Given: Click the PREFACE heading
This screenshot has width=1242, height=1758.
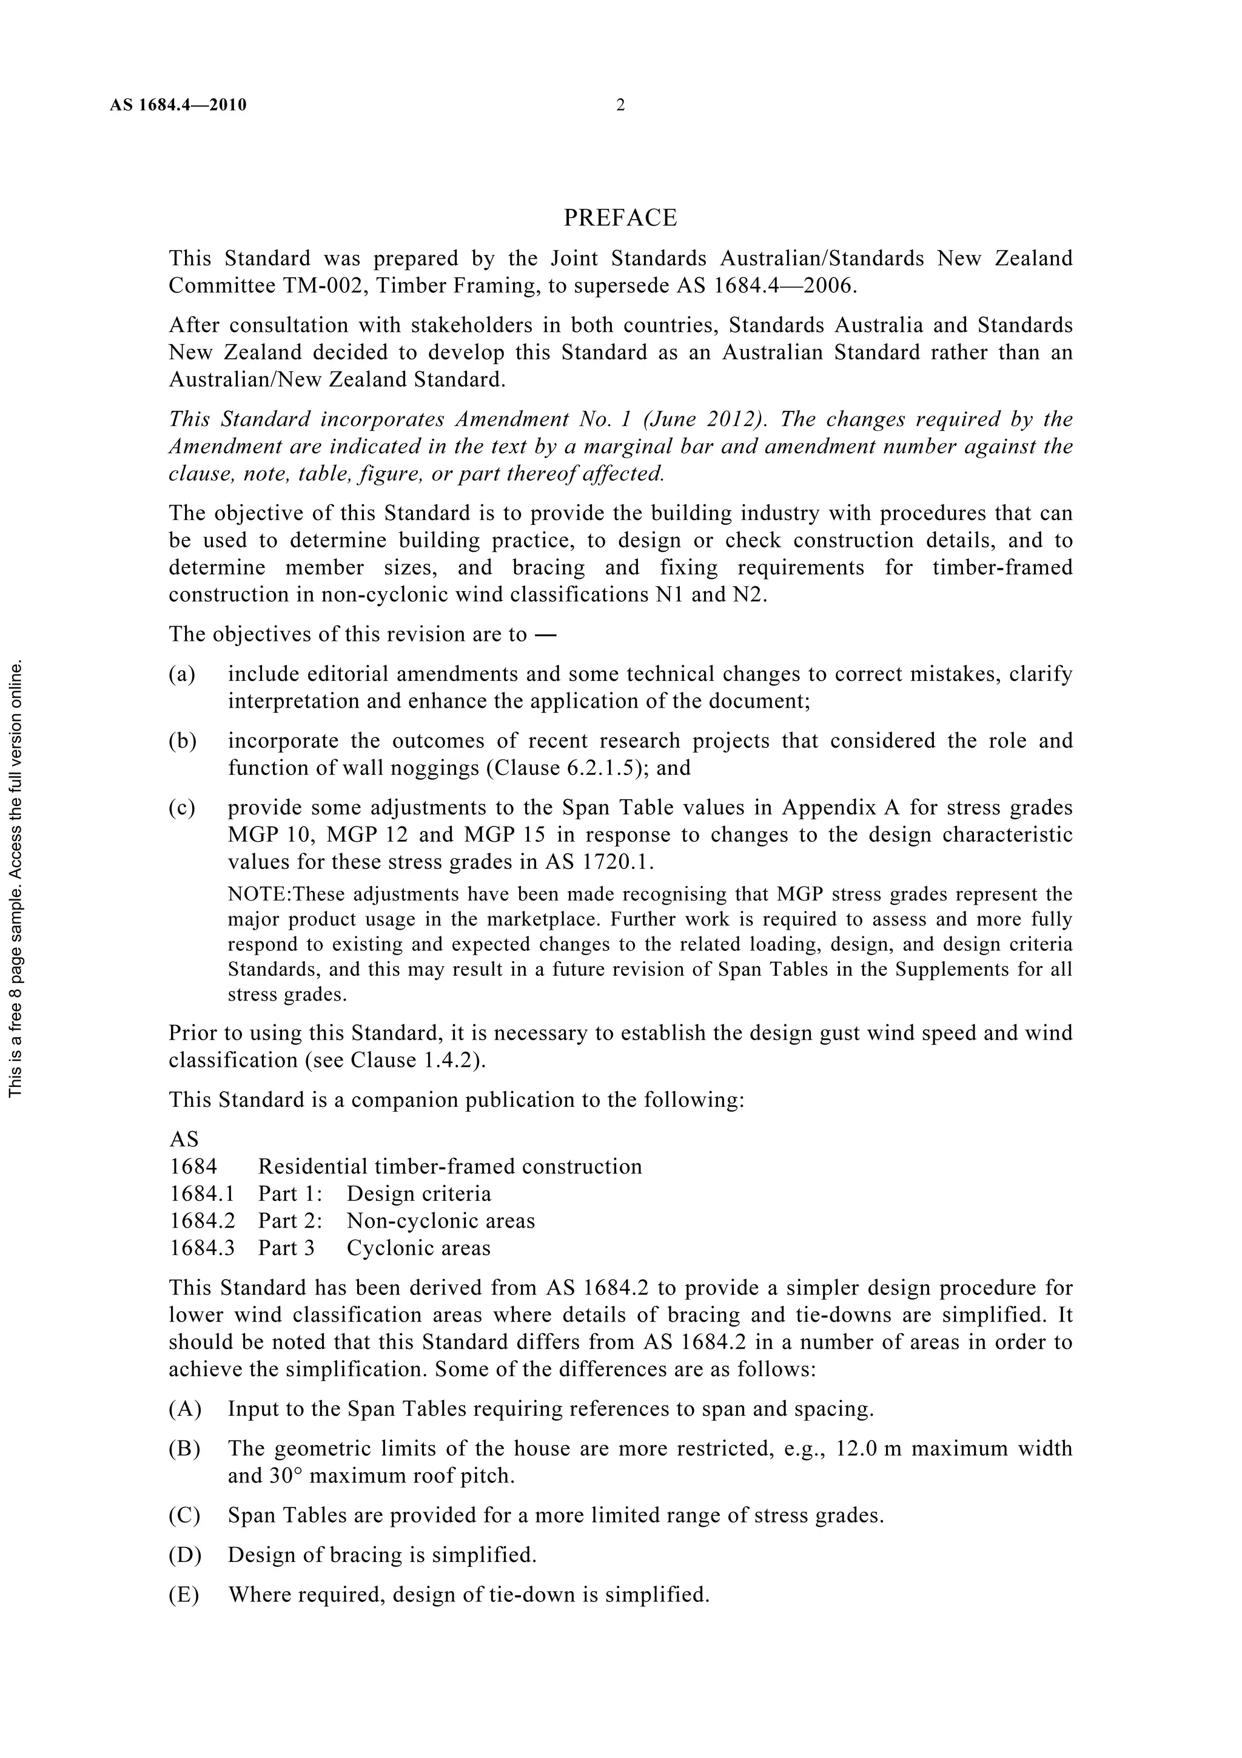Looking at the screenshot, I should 620,218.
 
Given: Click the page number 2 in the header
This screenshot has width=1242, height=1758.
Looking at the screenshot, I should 620,106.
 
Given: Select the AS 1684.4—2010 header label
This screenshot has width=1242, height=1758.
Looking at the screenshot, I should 178,106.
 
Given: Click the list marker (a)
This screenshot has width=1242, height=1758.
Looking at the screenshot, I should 182,675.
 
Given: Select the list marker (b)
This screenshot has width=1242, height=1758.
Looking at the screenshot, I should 182,741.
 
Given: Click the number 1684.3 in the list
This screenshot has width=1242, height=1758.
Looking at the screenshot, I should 202,1248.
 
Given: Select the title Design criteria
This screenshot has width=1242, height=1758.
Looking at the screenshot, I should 418,1194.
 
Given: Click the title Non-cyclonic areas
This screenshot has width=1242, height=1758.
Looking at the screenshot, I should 441,1222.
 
